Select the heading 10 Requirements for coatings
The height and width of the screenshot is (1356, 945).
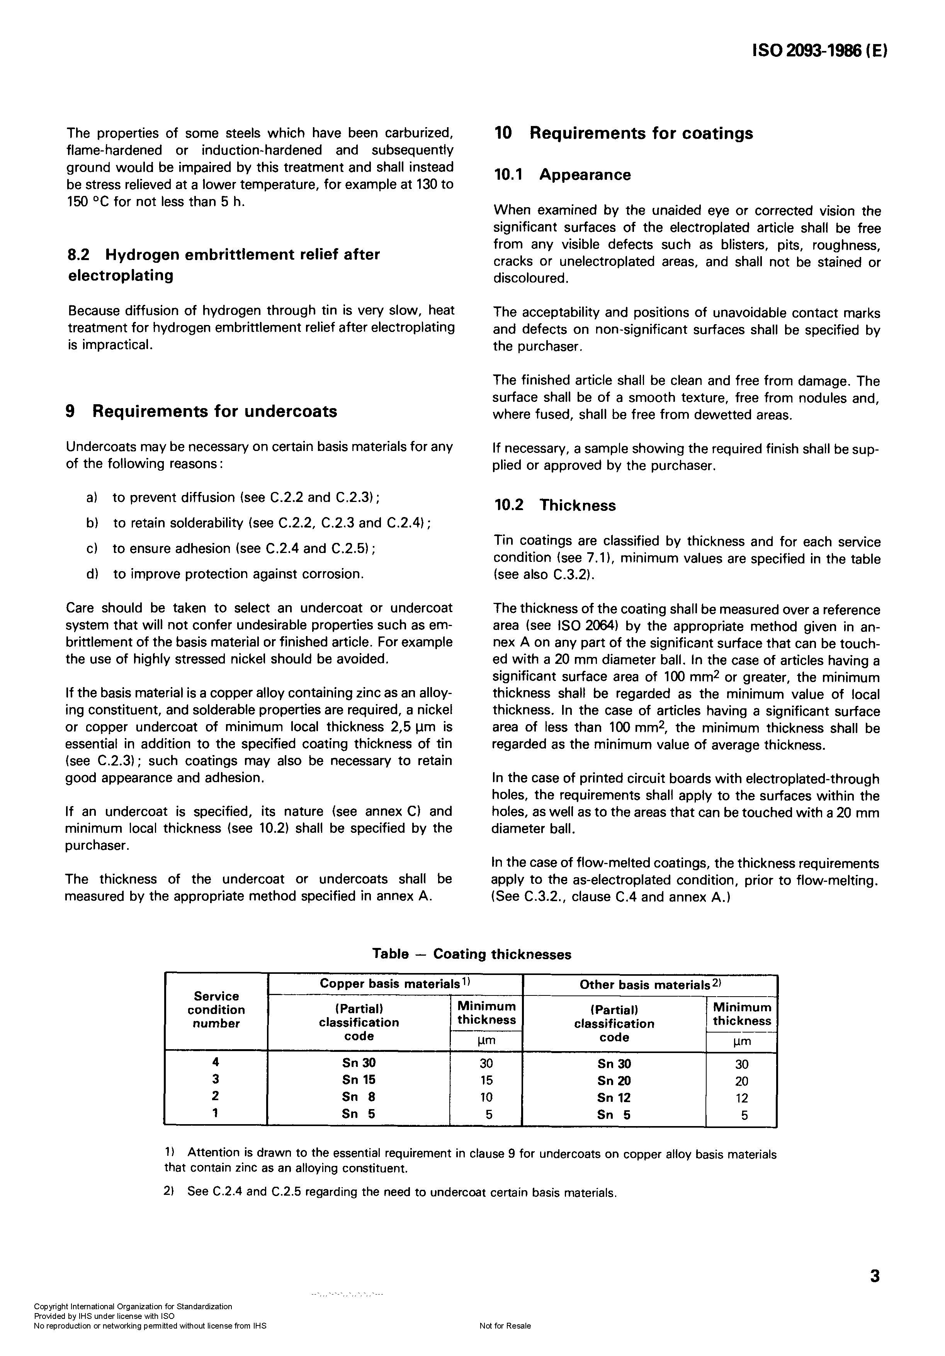click(x=623, y=133)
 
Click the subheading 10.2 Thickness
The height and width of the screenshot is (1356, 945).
click(x=554, y=505)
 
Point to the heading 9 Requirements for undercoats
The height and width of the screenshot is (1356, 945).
click(x=201, y=411)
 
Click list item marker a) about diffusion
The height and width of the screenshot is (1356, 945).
click(x=92, y=498)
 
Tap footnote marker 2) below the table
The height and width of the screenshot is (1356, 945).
click(x=168, y=1192)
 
